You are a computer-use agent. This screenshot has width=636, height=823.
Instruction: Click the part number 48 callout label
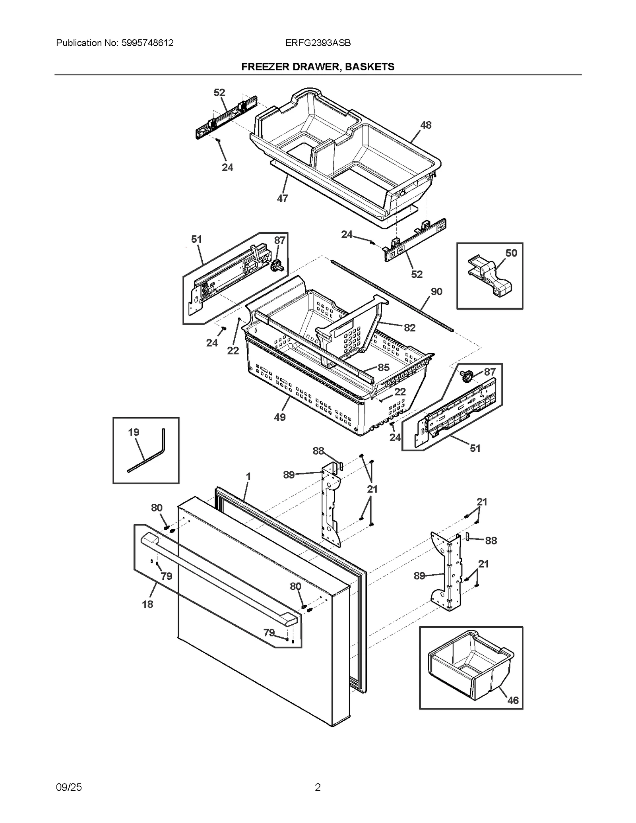click(x=426, y=125)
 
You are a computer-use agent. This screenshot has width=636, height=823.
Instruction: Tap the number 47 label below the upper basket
click(x=282, y=198)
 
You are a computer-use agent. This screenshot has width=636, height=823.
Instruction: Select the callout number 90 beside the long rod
click(x=436, y=292)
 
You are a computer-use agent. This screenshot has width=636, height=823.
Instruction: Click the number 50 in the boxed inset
click(x=511, y=253)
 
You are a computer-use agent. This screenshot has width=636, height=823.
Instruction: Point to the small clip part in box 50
click(x=490, y=277)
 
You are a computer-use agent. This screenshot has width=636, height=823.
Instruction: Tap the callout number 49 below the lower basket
click(x=279, y=417)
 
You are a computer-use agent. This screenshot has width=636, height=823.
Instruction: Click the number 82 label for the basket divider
click(x=409, y=328)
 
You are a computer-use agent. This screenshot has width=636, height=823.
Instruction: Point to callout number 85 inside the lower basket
click(x=383, y=368)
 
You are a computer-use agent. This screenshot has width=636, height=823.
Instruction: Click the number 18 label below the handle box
click(x=147, y=604)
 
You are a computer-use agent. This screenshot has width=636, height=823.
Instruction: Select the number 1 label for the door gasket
click(x=248, y=476)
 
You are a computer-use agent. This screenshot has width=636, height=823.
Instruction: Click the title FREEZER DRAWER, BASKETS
click(x=318, y=67)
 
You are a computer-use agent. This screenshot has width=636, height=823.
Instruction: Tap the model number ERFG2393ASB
click(x=318, y=43)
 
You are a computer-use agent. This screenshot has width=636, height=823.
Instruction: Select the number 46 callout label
click(x=513, y=701)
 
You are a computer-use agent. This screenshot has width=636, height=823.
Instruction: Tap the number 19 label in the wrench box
click(x=134, y=432)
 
